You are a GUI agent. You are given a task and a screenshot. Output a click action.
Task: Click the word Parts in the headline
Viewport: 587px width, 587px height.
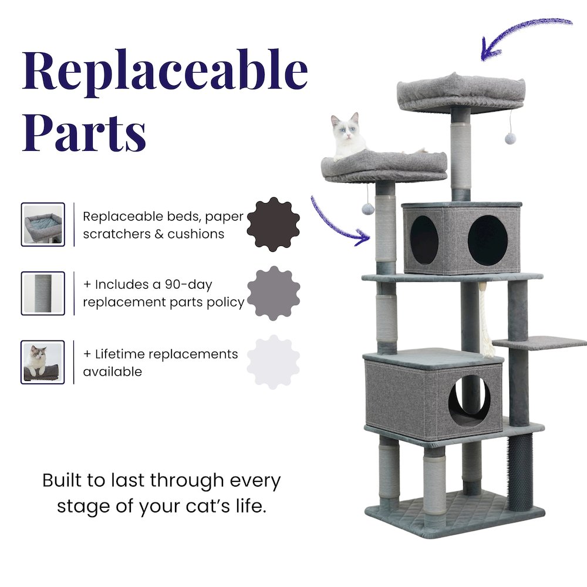coord(85,133)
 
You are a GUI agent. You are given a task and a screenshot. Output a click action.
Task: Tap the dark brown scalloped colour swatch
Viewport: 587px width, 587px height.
coord(274,224)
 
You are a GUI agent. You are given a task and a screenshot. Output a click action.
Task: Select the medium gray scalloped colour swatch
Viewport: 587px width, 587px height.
coord(274,293)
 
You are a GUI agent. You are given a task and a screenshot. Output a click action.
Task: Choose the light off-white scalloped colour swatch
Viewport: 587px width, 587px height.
coord(274,362)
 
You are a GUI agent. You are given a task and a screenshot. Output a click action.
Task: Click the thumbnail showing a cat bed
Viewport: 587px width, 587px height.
coord(43,224)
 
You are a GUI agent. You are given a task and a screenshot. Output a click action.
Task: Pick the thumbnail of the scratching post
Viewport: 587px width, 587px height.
coord(43,293)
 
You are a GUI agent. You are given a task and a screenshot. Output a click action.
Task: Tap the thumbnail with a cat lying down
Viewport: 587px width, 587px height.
coord(43,362)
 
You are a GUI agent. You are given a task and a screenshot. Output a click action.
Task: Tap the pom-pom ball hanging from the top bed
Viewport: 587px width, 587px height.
coord(510,139)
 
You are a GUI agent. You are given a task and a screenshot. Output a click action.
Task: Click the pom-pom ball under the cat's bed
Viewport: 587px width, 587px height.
coord(369,208)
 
